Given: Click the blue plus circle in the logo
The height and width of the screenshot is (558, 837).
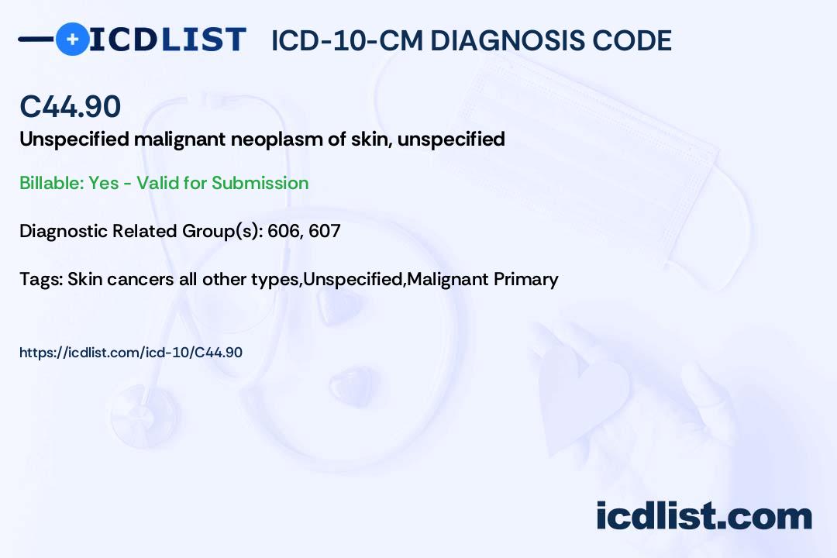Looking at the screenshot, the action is pyautogui.click(x=73, y=40).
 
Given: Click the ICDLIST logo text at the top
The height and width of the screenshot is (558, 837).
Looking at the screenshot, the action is pyautogui.click(x=167, y=40).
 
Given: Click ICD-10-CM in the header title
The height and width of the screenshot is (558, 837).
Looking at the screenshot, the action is pyautogui.click(x=347, y=40).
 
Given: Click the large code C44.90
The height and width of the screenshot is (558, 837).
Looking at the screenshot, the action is pyautogui.click(x=71, y=106).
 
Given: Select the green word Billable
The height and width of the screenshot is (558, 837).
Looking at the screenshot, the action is pyautogui.click(x=52, y=183).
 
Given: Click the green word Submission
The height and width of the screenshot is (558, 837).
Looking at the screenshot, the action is pyautogui.click(x=260, y=183).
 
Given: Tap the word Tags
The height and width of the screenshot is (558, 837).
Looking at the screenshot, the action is pyautogui.click(x=42, y=279).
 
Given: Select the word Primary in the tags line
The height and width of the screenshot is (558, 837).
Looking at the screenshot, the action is pyautogui.click(x=525, y=279).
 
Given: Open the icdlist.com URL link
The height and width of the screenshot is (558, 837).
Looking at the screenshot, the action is pyautogui.click(x=131, y=353).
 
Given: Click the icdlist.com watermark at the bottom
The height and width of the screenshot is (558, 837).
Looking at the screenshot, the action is pyautogui.click(x=704, y=516).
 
